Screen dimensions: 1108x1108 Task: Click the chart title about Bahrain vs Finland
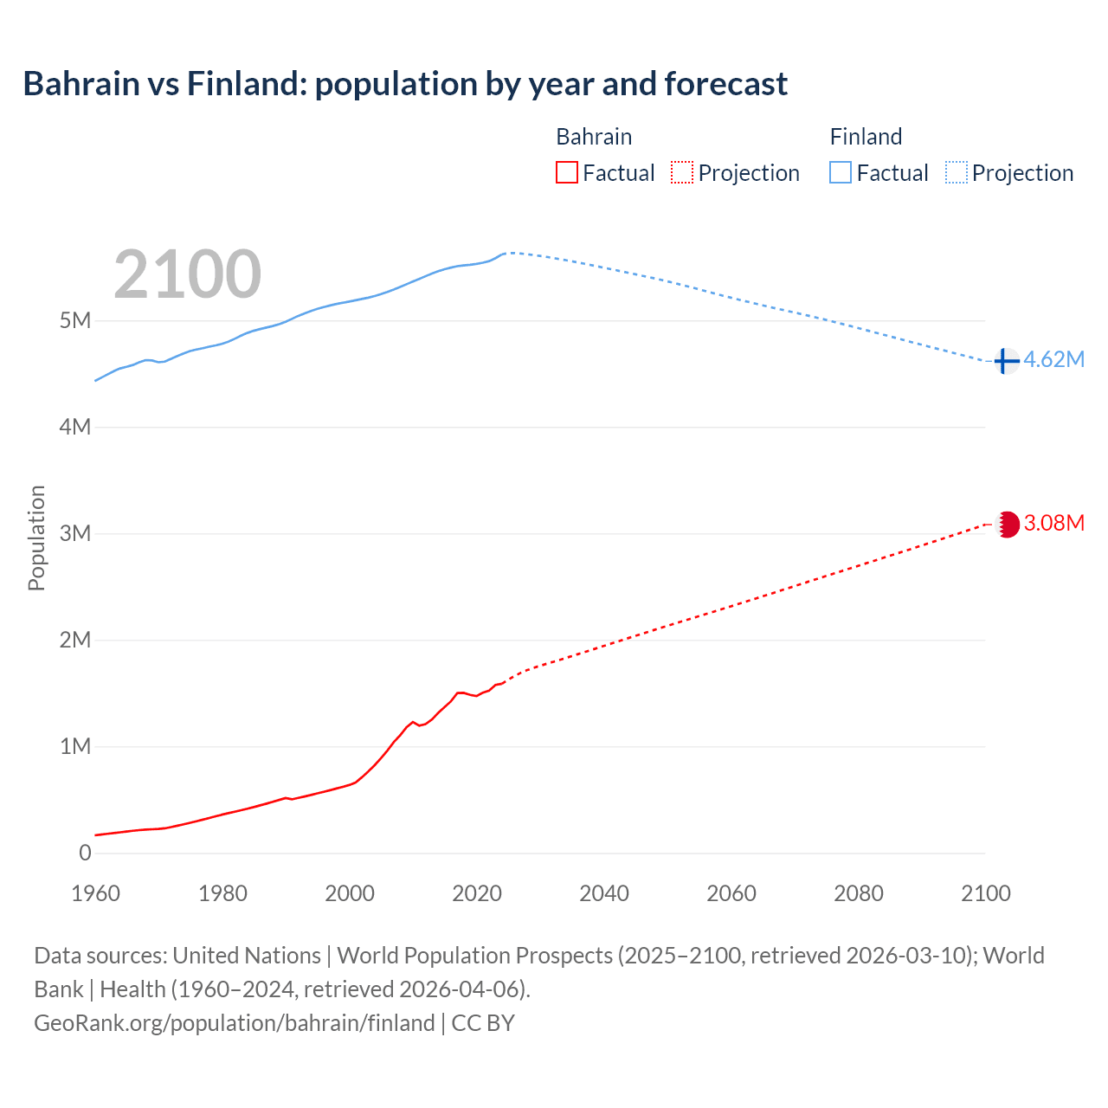click(x=405, y=84)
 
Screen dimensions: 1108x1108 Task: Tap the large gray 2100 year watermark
click(x=187, y=274)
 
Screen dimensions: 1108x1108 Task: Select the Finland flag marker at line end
click(x=1005, y=360)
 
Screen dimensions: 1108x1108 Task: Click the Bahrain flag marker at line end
click(x=1007, y=524)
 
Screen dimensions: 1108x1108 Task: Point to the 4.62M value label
click(x=1053, y=360)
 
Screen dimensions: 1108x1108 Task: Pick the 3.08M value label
click(x=1053, y=523)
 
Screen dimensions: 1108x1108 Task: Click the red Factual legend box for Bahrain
click(x=567, y=173)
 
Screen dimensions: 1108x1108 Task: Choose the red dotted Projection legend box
click(x=682, y=173)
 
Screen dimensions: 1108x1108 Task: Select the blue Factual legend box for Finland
click(x=841, y=173)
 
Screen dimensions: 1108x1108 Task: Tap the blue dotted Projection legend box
click(x=957, y=173)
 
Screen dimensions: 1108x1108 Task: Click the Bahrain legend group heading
click(x=594, y=137)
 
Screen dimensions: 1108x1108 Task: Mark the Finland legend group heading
click(x=866, y=137)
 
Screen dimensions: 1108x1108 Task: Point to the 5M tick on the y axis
click(x=75, y=321)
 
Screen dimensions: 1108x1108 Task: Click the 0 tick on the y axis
click(x=85, y=853)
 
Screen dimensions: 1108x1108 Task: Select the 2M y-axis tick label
click(x=75, y=640)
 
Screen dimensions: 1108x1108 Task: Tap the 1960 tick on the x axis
click(x=96, y=893)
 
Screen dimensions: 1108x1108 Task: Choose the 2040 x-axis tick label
click(x=604, y=893)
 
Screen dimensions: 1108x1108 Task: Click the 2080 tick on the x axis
click(x=859, y=893)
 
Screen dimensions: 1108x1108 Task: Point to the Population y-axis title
click(x=36, y=538)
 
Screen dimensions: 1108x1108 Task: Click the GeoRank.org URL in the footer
click(x=235, y=1023)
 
